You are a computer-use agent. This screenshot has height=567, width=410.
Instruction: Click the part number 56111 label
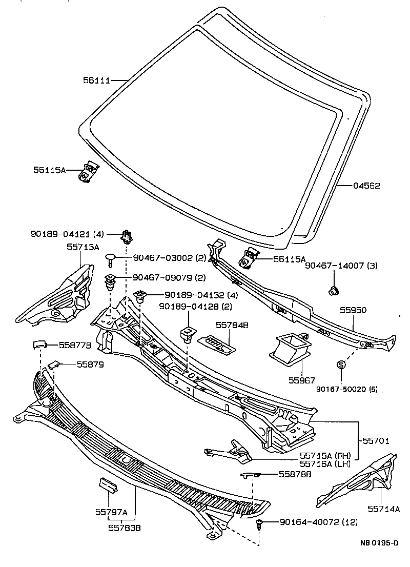pos(96,80)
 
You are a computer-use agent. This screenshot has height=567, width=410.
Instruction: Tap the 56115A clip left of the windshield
pos(89,171)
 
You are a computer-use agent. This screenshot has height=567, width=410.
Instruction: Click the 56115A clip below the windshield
pos(249,258)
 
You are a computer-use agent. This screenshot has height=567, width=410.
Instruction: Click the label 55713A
pos(82,246)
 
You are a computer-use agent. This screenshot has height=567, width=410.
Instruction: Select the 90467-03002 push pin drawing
pos(111,258)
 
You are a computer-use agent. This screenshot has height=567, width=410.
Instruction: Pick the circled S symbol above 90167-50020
pos(341,364)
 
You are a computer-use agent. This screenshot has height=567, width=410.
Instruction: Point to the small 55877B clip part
pos(39,343)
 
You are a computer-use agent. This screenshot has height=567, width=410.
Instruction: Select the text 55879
pos(90,364)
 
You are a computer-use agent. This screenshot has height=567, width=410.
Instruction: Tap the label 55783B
pos(125,526)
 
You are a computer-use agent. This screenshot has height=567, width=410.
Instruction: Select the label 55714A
pos(383,509)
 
